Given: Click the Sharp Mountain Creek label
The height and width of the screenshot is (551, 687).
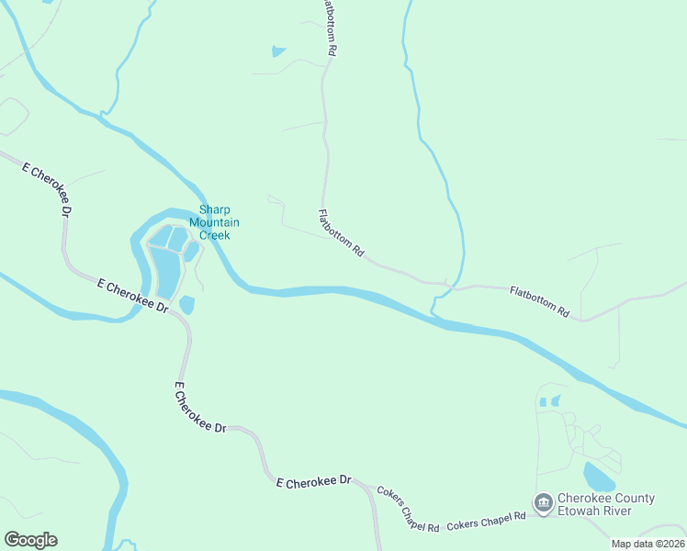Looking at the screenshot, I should pos(214,222).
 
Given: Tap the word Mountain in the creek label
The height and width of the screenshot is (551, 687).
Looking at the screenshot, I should pos(214,222).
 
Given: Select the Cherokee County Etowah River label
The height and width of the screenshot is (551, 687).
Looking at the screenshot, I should pos(606,505).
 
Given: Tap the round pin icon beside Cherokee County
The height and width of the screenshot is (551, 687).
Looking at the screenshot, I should pos(543,503).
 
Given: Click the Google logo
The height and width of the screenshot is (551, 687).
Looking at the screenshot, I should pos(30,540).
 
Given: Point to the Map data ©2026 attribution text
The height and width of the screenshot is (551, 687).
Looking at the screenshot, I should pos(648,544).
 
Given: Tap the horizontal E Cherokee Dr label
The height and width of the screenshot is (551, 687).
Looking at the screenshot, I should pos(314,481).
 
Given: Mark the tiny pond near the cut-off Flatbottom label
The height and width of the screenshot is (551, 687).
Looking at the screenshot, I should pos(278,51).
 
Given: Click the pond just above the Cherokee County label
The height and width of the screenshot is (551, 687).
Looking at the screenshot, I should pos(598,478).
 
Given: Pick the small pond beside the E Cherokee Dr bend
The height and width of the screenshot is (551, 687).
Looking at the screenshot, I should pos(186,305).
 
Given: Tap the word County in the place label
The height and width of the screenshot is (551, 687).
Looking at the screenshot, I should pos(629,499).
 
